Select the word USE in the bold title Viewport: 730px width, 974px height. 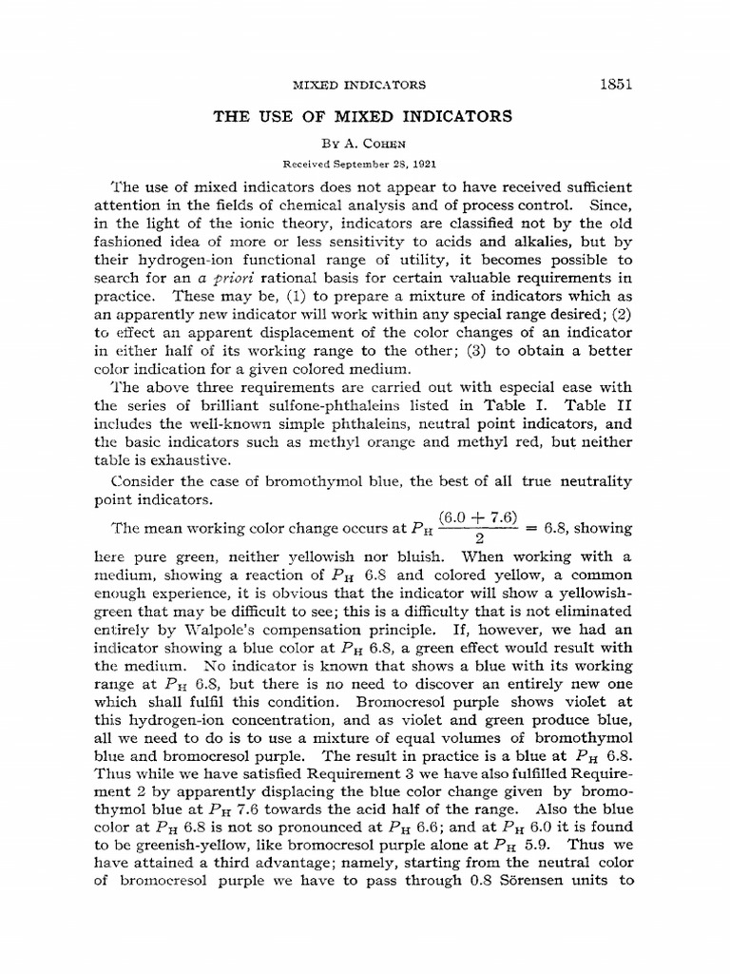point(282,117)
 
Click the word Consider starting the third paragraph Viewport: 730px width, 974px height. point(148,482)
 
